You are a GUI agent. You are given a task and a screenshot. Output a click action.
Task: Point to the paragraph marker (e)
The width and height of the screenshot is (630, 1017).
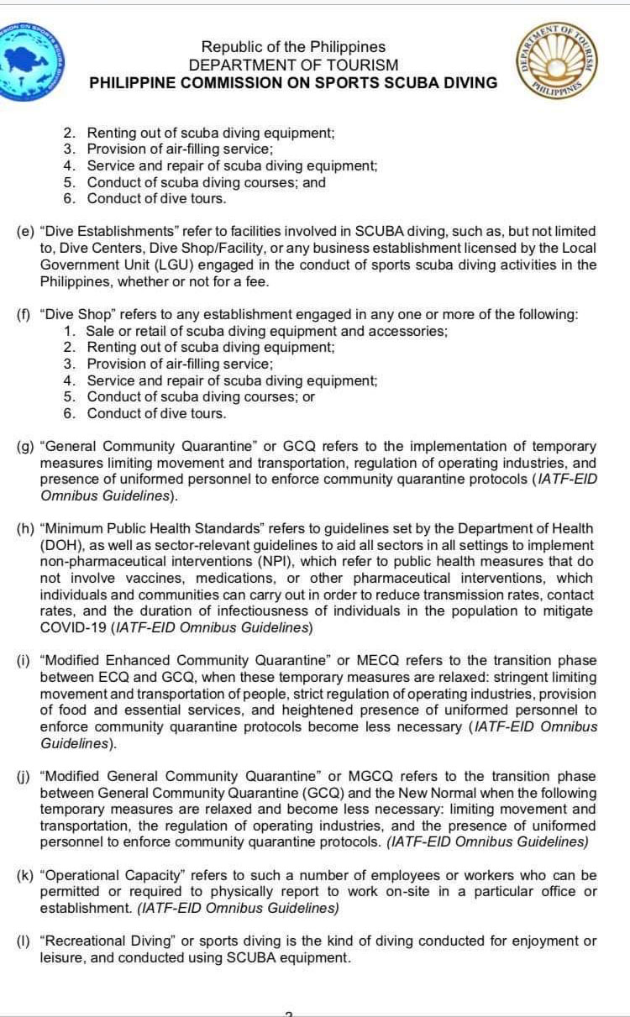point(25,231)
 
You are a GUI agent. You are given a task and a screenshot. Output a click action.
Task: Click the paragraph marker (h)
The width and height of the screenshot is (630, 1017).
point(25,528)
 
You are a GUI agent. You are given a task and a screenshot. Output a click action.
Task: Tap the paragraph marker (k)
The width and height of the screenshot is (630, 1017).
point(25,875)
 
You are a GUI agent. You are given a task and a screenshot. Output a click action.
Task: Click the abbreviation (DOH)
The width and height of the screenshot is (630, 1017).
point(60,545)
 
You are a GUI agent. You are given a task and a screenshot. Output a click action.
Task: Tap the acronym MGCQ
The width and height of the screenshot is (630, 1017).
point(378,776)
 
